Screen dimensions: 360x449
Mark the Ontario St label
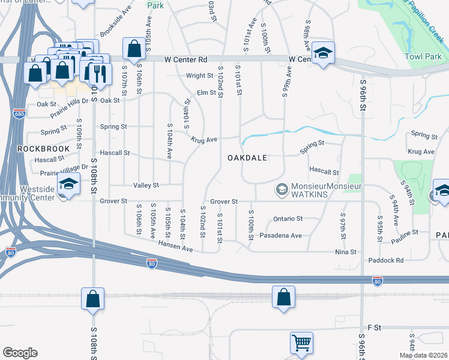click(x=288, y=219)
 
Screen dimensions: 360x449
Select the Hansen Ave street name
click(x=175, y=246)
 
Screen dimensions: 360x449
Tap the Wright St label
click(x=199, y=76)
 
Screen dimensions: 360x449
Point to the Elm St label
click(x=206, y=92)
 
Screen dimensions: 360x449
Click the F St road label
click(x=374, y=328)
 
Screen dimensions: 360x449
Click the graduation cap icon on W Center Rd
click(x=323, y=53)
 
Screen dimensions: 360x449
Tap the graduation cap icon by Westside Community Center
click(x=68, y=184)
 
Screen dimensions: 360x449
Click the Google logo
click(x=20, y=353)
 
